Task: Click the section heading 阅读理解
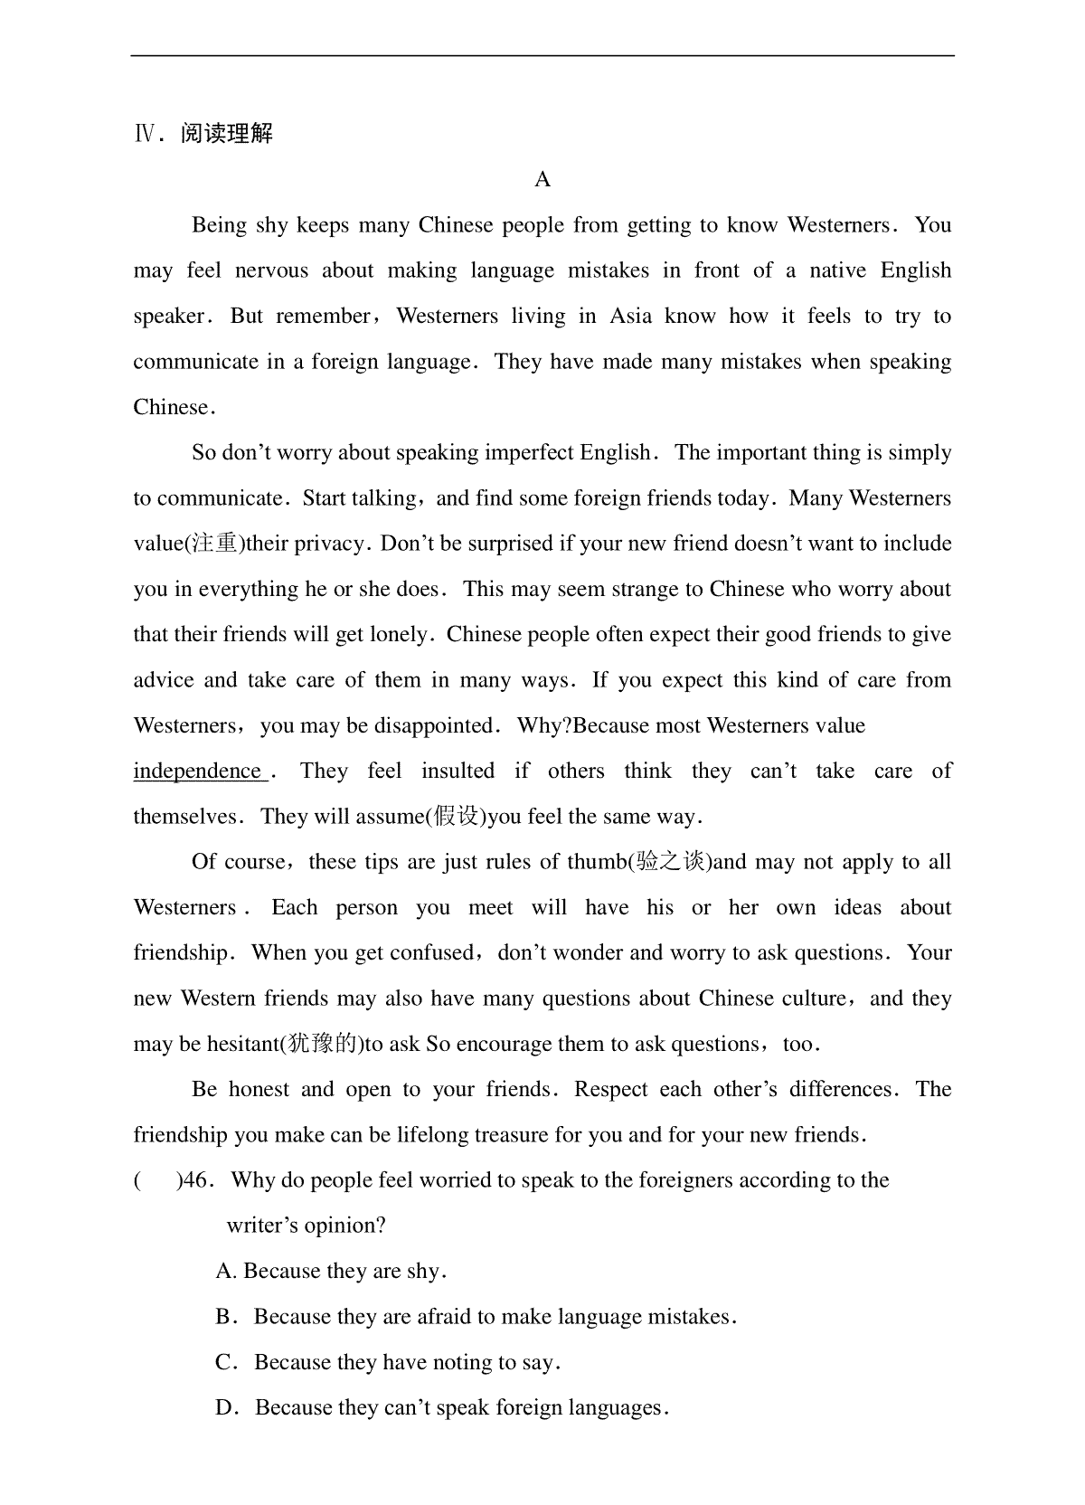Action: click(226, 134)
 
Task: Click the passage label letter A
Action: click(542, 179)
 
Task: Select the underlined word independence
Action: click(198, 771)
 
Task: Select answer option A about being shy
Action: click(331, 1271)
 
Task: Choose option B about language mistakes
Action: click(477, 1317)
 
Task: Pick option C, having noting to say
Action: click(389, 1362)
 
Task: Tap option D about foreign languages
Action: click(443, 1407)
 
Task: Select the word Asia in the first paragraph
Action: click(630, 316)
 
